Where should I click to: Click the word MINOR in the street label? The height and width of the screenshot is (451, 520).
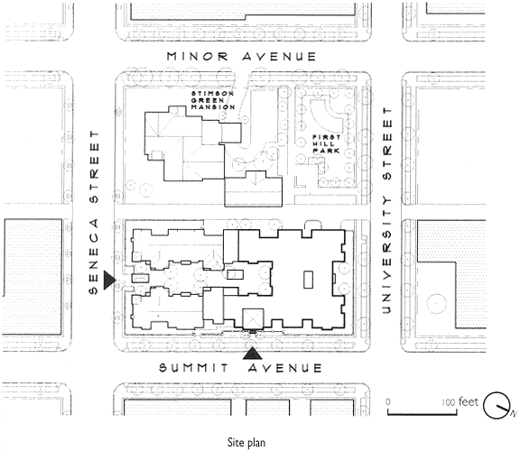click(198, 56)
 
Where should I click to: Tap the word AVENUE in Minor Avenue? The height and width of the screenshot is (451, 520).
click(279, 57)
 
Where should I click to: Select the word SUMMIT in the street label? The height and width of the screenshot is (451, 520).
click(194, 368)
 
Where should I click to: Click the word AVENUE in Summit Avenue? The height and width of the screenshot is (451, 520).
click(285, 368)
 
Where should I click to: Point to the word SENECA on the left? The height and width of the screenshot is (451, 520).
click(94, 256)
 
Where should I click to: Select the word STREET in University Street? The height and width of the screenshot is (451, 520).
click(387, 143)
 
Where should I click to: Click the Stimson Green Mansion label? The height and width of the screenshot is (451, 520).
click(213, 100)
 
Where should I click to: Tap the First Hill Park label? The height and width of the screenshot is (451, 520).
click(327, 143)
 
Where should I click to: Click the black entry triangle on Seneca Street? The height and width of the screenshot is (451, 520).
click(109, 280)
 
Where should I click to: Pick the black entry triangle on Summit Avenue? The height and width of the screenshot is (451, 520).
click(253, 354)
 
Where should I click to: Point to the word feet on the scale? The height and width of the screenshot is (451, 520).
click(469, 402)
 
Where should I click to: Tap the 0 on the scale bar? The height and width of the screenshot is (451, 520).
click(388, 402)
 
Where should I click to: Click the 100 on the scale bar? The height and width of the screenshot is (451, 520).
click(449, 402)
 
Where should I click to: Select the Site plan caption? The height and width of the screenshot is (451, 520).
click(246, 442)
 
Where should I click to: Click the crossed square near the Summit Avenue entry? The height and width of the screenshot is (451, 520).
click(254, 319)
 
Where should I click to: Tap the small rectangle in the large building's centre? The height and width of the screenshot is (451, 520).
click(309, 280)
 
